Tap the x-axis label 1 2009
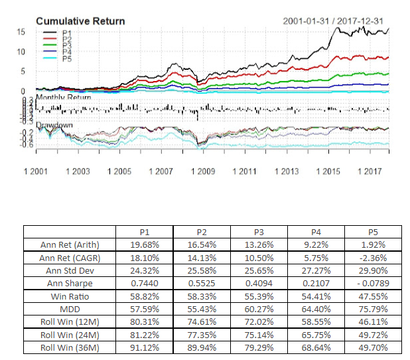pos(203,171)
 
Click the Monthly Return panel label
pos(64,98)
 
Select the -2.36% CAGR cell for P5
pos(373,256)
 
